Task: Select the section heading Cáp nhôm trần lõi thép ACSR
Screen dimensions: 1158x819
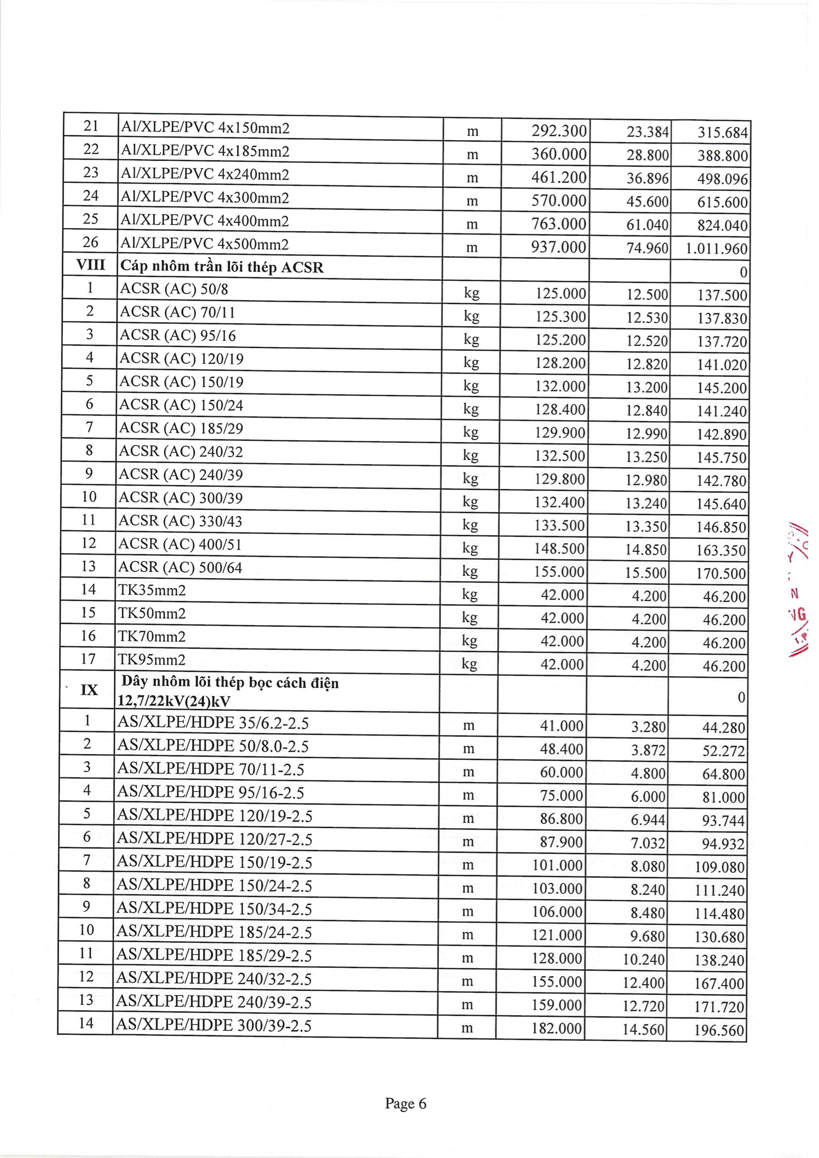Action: click(x=221, y=267)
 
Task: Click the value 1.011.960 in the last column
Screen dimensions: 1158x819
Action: click(x=716, y=249)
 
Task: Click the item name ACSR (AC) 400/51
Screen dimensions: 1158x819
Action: click(x=180, y=544)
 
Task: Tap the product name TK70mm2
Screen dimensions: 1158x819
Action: click(x=152, y=636)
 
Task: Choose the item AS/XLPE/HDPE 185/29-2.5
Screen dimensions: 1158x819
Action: click(x=214, y=956)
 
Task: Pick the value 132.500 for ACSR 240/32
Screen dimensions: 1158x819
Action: click(x=560, y=456)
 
